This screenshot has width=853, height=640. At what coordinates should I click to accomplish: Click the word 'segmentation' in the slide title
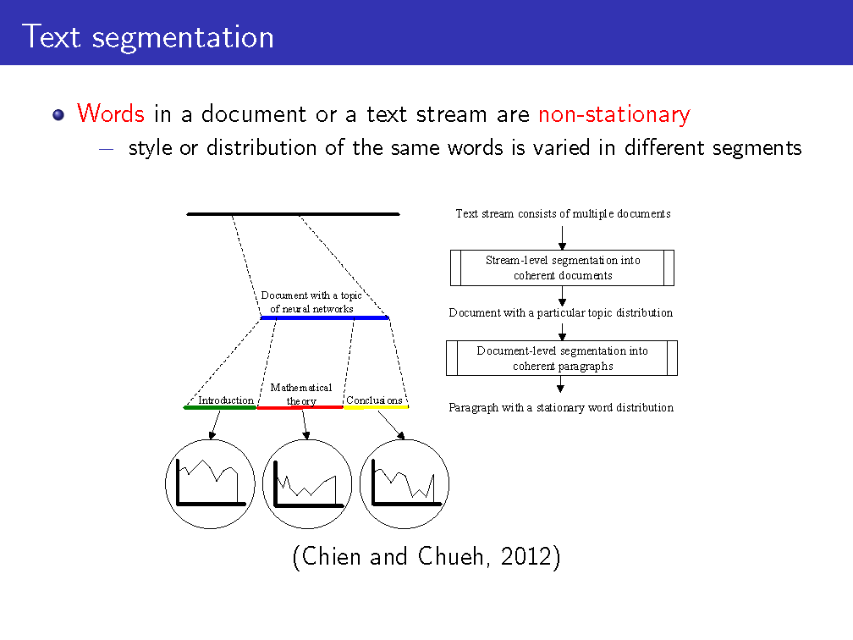183,38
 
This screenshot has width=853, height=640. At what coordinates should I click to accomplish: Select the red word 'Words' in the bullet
110,113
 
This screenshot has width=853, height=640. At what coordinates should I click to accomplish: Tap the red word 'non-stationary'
614,114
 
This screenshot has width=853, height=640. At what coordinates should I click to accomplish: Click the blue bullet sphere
58,115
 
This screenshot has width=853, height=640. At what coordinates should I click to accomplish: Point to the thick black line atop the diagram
293,214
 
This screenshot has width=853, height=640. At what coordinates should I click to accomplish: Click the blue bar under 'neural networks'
325,317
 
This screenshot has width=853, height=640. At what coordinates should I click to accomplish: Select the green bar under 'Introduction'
220,408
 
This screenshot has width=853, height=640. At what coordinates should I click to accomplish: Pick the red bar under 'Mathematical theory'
300,408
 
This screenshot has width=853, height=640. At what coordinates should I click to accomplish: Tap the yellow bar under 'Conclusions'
376,407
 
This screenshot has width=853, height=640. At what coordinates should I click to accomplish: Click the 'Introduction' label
226,400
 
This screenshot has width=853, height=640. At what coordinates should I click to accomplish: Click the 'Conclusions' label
374,400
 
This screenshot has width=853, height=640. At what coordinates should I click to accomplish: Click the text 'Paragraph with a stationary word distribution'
561,408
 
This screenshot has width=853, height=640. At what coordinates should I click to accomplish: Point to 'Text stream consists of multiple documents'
563,214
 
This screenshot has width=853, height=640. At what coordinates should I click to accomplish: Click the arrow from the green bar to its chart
216,425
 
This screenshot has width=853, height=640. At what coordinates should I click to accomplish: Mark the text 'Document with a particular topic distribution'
561,313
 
